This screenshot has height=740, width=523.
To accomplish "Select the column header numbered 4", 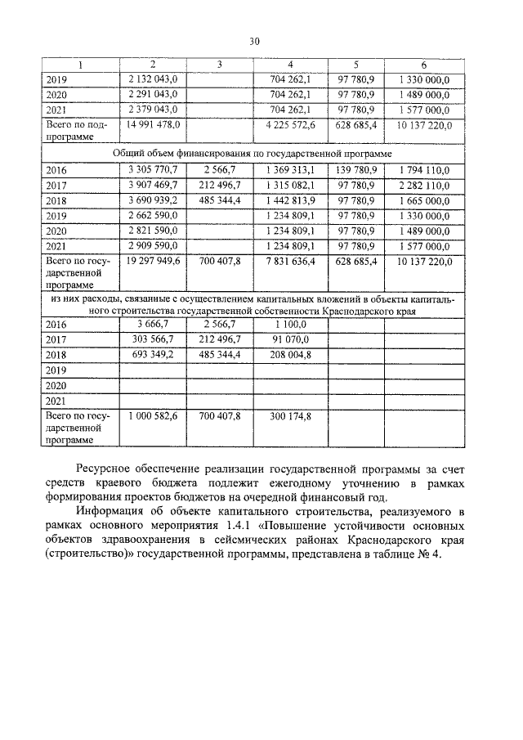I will (292, 64).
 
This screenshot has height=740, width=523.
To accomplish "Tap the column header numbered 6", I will (423, 64).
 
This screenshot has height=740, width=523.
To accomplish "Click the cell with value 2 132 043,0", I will (154, 78).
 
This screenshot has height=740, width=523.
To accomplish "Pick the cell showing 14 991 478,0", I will (154, 124).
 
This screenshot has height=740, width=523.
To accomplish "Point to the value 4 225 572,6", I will (292, 124).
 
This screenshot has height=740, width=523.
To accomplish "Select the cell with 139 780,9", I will (355, 169).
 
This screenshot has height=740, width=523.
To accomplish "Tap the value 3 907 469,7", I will (154, 185).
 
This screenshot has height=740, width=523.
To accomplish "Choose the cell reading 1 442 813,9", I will (292, 200).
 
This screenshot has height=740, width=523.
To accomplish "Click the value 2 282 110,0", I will (423, 185).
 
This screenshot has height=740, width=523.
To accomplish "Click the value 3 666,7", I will (154, 325).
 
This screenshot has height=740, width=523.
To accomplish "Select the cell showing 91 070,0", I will (292, 339).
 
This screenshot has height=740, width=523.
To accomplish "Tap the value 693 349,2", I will (154, 355).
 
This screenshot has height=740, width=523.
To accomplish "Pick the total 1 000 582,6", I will (154, 416).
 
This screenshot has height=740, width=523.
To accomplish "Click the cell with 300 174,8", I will (292, 416).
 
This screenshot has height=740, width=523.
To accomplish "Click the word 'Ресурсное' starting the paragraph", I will (107, 469).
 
